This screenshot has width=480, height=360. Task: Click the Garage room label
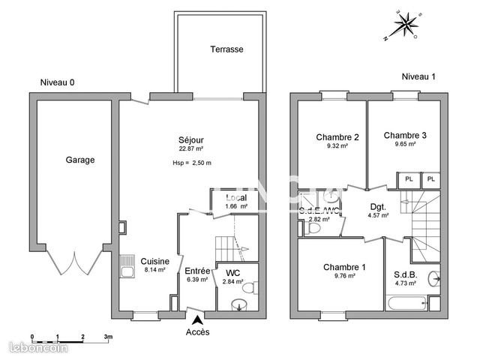coord(79,160)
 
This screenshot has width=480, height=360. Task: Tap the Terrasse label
coord(226,49)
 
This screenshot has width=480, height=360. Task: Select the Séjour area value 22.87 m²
coord(191,148)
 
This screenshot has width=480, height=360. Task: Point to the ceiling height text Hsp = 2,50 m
coord(192,163)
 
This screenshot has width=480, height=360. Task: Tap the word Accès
coord(197,331)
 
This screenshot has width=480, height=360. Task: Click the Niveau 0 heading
coord(58,82)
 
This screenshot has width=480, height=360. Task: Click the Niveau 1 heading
coord(418,76)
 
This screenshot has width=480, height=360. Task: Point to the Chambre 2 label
coord(337,137)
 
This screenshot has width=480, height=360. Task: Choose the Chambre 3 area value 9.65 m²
coord(404,145)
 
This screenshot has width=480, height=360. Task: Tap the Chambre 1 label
coord(344,267)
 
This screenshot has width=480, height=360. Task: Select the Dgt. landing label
coord(378,206)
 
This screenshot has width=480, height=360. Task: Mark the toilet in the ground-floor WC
coord(253,287)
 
